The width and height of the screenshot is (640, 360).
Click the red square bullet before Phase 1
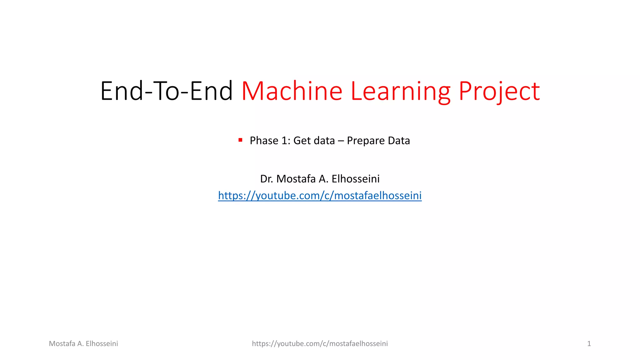240,140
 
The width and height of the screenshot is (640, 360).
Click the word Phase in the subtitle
264,141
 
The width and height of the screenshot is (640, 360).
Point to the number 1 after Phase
286,141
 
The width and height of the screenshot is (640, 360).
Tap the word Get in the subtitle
302,141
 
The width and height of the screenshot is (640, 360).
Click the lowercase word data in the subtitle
324,141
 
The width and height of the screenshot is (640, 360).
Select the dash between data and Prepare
341,141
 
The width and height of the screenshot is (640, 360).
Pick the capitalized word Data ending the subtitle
399,141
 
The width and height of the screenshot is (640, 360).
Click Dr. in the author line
267,179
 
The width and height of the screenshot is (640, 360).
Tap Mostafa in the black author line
296,179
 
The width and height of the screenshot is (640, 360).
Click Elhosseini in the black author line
356,179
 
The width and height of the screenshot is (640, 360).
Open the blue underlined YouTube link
320,196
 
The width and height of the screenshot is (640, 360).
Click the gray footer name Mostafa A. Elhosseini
83,344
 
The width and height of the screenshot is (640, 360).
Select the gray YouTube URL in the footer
320,344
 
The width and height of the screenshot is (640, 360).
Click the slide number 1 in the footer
589,344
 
